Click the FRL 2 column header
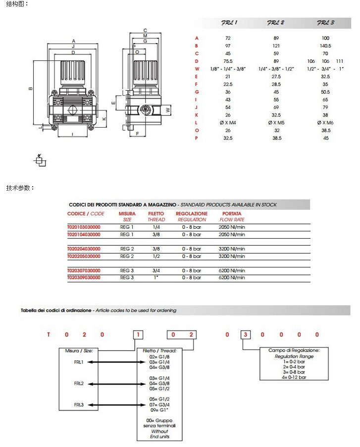tap(276, 23)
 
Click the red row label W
tap(197, 69)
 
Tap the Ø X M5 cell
tap(276, 123)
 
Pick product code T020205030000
tap(84, 256)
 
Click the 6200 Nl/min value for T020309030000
tap(232, 278)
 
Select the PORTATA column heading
tap(232, 214)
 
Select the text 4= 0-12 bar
tap(295, 377)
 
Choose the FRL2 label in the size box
tap(79, 384)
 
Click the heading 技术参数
tap(20, 188)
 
